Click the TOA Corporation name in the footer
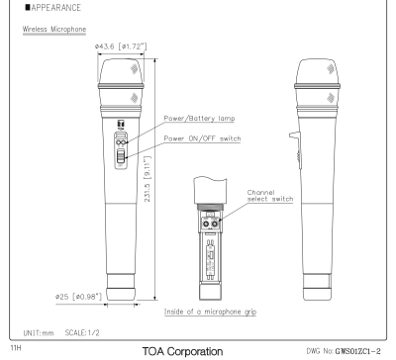point(199,352)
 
